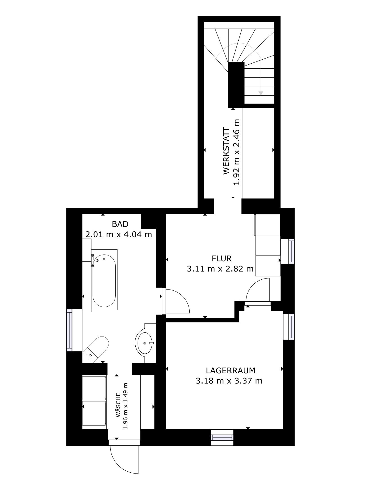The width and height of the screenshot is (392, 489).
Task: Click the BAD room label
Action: (120, 224)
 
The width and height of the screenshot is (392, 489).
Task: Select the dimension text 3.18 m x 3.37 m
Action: (229, 381)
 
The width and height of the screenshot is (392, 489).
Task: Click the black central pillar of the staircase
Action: (236, 84)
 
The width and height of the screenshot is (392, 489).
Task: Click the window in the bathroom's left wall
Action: (70, 330)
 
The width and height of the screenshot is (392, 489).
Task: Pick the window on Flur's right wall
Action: (291, 251)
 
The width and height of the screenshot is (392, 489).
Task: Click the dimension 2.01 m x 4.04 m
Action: (118, 234)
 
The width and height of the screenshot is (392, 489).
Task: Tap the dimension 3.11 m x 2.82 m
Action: (220, 269)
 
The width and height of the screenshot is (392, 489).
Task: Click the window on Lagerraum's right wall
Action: (291, 327)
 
